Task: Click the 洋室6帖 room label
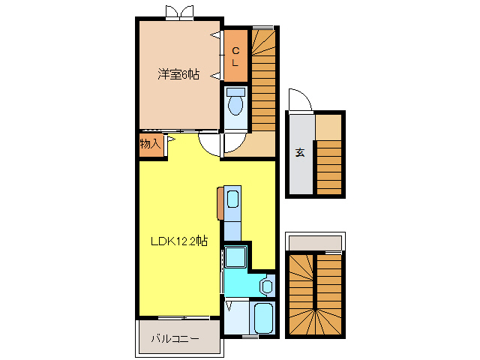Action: click(178, 74)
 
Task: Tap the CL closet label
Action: click(235, 56)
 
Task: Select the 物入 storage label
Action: click(150, 143)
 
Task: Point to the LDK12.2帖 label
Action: click(179, 241)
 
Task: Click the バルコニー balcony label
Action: click(175, 339)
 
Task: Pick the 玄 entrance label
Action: click(299, 152)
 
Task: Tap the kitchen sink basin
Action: click(232, 199)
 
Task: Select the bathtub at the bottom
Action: click(264, 319)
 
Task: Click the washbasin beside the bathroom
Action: click(266, 286)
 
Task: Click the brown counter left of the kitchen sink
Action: click(220, 201)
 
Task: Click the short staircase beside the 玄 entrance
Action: click(328, 167)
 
